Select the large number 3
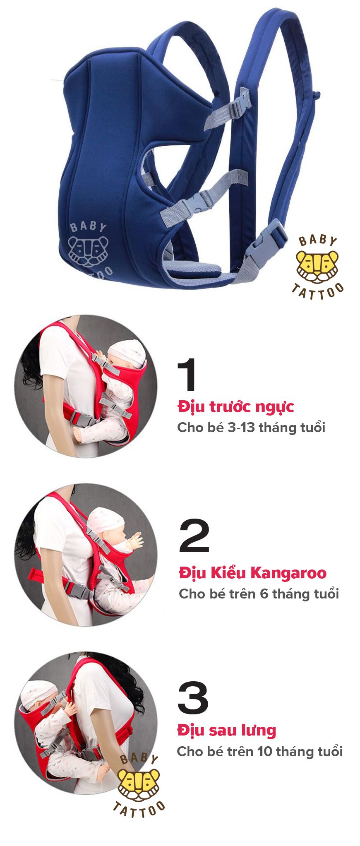tap(193, 698)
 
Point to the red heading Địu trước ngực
tap(235, 406)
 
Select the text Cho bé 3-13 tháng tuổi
tap(251, 427)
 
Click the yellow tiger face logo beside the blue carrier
tap(317, 266)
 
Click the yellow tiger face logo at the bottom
tap(138, 784)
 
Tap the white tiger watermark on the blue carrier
tap(88, 250)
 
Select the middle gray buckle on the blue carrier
tap(201, 202)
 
